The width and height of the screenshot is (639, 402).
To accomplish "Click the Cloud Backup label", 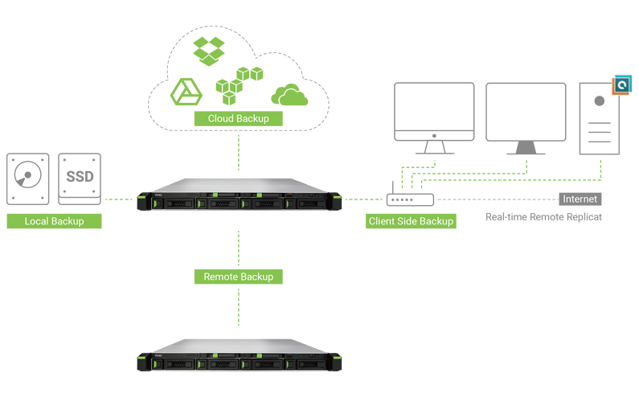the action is click(x=239, y=119).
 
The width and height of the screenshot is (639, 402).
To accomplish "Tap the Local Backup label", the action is click(x=54, y=221).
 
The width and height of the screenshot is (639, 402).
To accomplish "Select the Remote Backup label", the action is click(x=239, y=277).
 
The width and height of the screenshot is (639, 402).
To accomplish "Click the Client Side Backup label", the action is click(x=411, y=221).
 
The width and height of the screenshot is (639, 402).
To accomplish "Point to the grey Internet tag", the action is click(x=580, y=199).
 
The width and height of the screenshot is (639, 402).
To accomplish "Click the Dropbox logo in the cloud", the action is click(x=209, y=51).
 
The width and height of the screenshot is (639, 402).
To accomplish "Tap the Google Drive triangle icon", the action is click(x=186, y=92).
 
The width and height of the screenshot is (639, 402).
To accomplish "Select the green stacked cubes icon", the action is click(x=240, y=85).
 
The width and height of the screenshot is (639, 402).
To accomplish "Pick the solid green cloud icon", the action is click(x=289, y=95).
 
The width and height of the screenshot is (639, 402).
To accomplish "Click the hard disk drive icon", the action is click(x=27, y=179).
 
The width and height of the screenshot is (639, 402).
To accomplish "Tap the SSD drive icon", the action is click(x=80, y=179).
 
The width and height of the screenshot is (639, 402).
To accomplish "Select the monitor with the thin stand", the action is click(x=434, y=118).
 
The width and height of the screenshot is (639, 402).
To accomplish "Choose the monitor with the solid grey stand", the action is click(x=526, y=119).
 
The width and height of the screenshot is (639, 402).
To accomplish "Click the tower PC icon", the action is click(x=600, y=119).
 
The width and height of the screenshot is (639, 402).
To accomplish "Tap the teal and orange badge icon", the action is click(x=622, y=84).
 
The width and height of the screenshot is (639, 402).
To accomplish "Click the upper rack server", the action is click(x=240, y=195).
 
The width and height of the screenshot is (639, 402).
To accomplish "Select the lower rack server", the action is click(x=240, y=355).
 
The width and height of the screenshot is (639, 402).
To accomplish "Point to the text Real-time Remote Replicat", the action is click(x=543, y=217).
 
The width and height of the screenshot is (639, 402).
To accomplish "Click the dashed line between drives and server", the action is click(x=119, y=199).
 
